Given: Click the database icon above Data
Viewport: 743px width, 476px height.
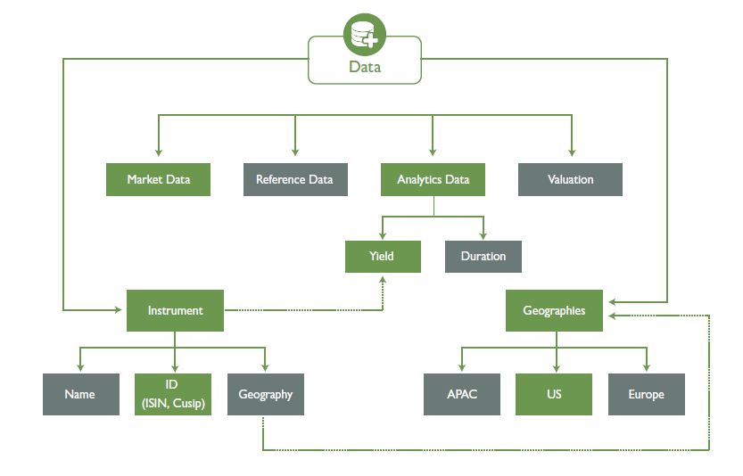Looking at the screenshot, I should coord(365,35).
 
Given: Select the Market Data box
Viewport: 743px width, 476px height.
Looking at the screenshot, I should coord(158,179).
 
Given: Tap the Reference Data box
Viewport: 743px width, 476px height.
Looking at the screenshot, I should coord(294,179).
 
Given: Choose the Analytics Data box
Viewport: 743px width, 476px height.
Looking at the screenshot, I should coord(433,179).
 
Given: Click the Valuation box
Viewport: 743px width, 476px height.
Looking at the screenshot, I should coord(570,179).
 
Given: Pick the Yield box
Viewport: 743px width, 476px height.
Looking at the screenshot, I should coord(382,256).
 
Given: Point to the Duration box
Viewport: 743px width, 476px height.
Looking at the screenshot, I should coord(483,256).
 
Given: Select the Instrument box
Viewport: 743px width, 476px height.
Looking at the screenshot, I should coord(175,310).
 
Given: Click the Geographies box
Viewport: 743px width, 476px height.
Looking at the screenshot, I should coord(554,310).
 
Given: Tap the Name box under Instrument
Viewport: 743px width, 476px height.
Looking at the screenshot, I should coord(80,394).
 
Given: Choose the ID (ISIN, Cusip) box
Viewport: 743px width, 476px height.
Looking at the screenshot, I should coord(173,394).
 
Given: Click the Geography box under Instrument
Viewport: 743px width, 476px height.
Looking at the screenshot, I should coord(266,394).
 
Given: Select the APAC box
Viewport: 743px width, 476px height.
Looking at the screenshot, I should coord(462,394).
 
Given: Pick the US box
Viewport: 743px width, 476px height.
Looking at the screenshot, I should coord(554,394).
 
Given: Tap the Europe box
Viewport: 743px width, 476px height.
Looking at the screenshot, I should coord(646,394).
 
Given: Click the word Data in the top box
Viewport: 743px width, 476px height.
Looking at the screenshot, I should coord(365,67).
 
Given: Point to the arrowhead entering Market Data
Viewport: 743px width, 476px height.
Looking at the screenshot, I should coord(158,152).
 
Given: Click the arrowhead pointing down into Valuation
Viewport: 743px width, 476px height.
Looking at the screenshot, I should coord(571,152).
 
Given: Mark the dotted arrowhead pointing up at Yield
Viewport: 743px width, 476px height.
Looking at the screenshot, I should coord(383,280).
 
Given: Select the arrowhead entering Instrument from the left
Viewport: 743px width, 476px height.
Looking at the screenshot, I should coord(120,310).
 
